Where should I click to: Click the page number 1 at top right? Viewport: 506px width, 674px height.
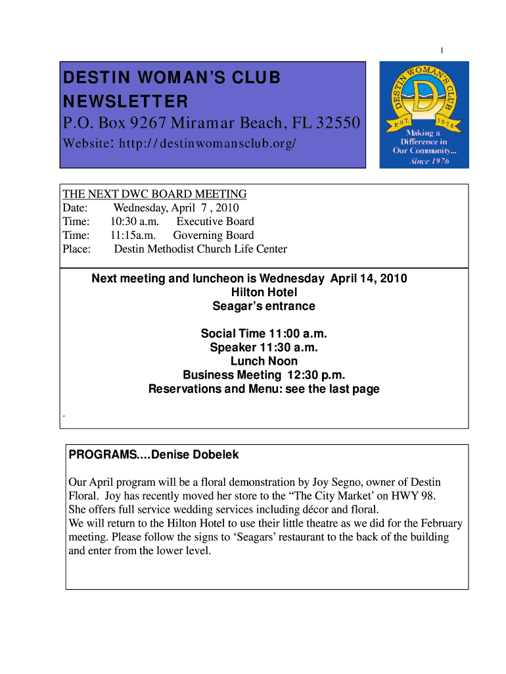click(x=442, y=51)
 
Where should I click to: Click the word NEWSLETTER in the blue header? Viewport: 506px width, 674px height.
click(x=125, y=102)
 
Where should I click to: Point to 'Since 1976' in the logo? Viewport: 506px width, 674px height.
click(x=430, y=161)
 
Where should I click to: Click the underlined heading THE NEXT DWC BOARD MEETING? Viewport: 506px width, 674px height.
click(x=154, y=194)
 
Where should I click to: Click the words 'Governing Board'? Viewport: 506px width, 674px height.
click(x=213, y=236)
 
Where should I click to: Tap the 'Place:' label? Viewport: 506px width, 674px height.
click(x=76, y=249)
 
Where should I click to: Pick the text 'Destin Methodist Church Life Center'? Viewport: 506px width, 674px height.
click(x=200, y=249)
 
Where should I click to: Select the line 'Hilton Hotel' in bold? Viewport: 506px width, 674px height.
click(x=264, y=292)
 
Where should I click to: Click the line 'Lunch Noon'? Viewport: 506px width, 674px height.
click(x=264, y=361)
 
